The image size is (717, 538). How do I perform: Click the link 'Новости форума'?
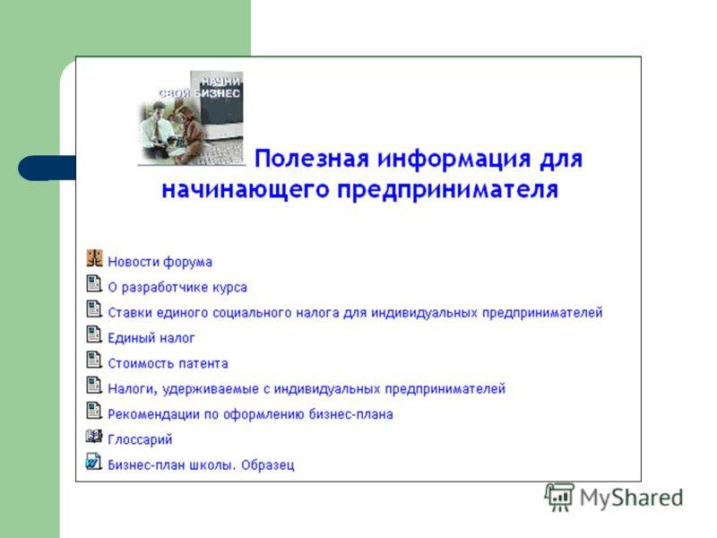160,262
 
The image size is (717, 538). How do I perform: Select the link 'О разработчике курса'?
177,287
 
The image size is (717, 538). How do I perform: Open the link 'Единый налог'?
151,338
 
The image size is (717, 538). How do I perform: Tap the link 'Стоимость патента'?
168,364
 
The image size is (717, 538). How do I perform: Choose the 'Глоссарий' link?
140,439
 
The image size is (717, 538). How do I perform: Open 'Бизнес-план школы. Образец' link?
201,464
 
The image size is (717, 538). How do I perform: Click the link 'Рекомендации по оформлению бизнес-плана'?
251,414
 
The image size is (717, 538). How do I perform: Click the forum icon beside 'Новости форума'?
95,258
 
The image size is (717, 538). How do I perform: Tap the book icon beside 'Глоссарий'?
94,437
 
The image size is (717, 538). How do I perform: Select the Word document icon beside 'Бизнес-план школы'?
94,461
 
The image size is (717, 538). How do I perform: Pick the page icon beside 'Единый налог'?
94,334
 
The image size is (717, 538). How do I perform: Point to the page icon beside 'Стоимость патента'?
94,360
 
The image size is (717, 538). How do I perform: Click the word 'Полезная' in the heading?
311,159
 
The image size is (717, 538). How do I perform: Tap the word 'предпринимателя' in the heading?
447,190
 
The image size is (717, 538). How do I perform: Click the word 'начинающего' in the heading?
245,190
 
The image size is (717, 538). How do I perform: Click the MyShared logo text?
632,498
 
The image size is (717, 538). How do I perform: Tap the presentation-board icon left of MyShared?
559,497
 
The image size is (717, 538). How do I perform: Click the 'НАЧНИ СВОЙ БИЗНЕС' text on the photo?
200,87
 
